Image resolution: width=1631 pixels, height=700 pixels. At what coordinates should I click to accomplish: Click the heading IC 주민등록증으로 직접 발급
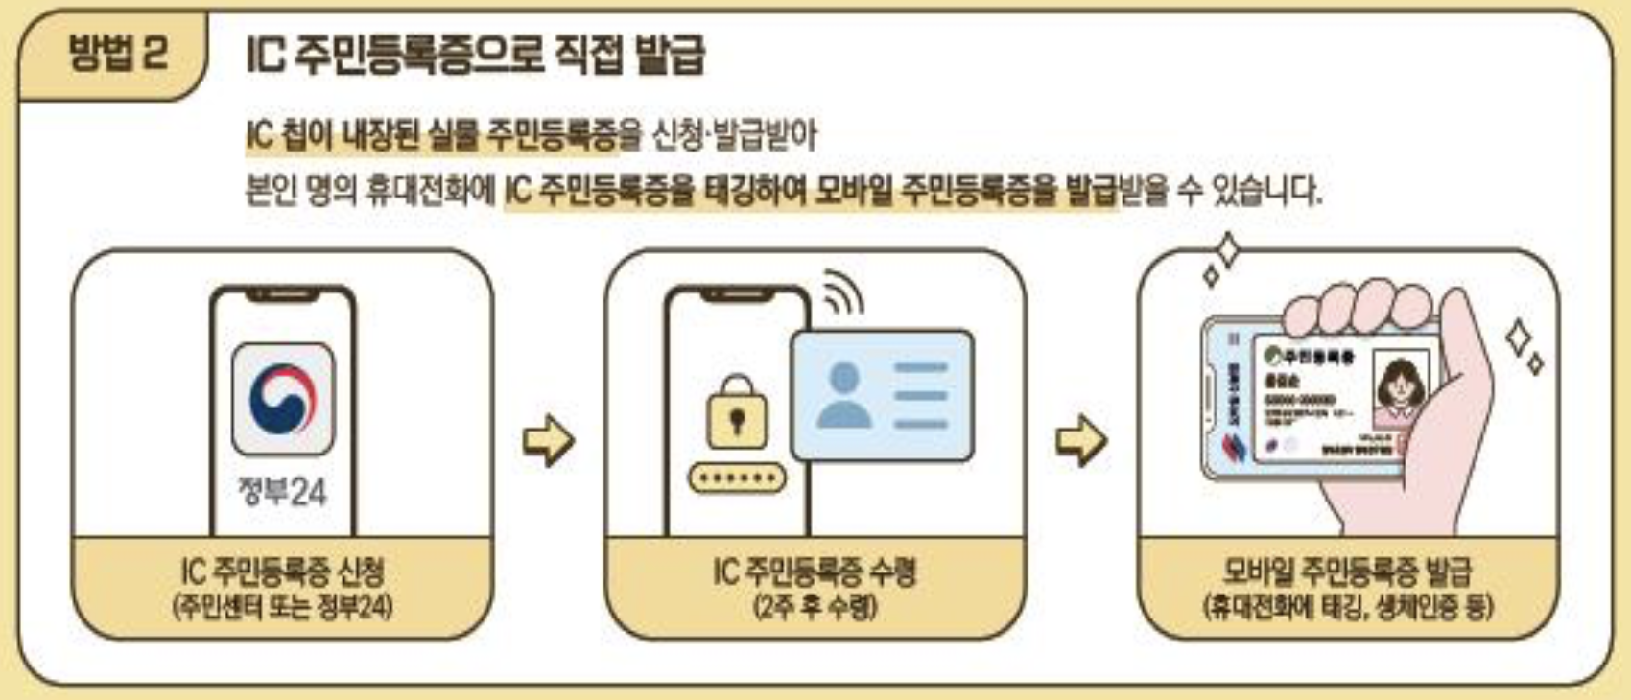pos(475,55)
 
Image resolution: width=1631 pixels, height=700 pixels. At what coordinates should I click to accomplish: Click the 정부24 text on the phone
pos(282,492)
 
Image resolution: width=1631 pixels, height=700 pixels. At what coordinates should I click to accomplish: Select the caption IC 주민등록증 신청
pos(282,572)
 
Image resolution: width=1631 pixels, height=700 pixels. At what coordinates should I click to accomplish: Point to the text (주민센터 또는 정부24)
pos(282,607)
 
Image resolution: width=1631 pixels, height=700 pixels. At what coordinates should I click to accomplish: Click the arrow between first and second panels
pos(548,441)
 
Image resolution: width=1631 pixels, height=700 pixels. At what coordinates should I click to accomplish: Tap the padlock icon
pos(737,413)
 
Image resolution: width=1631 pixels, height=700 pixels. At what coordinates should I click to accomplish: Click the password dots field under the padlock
pos(737,478)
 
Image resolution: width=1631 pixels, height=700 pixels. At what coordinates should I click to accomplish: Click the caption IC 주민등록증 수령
pos(815,572)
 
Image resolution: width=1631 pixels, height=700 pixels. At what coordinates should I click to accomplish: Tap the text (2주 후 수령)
pos(815,607)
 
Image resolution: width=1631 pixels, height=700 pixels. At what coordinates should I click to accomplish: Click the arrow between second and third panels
pos(1081,441)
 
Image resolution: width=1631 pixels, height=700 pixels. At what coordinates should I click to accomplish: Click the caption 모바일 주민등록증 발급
pos(1347,572)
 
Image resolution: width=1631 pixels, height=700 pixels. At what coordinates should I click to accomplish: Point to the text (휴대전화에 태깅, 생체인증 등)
pos(1347,607)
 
